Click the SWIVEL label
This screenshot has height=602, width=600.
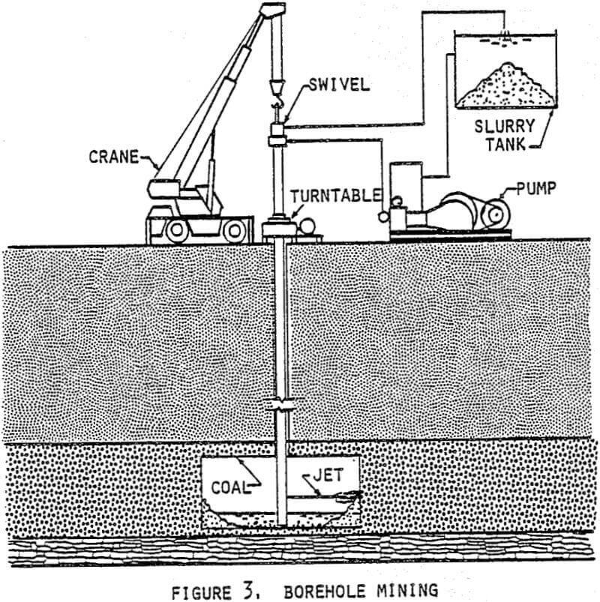coord(340,85)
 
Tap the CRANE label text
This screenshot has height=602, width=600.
coord(114,157)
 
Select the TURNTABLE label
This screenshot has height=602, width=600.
coord(336,196)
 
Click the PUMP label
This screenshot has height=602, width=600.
coord(536,187)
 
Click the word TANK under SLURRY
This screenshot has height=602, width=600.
coord(508,144)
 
